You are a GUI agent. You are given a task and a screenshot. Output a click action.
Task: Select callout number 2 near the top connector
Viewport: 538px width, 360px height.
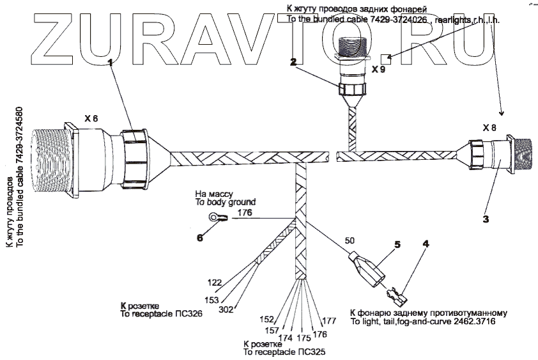point(293,62)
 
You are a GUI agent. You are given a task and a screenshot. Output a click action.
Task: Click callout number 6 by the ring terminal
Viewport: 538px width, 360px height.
point(199,237)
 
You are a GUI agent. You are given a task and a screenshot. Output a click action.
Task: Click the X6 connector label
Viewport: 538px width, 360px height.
point(91,119)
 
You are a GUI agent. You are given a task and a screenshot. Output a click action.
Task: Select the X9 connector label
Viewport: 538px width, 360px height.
point(378,70)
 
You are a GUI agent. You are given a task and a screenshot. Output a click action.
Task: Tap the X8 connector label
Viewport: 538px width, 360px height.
point(489,128)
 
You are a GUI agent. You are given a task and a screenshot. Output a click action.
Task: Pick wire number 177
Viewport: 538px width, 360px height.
point(328,320)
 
